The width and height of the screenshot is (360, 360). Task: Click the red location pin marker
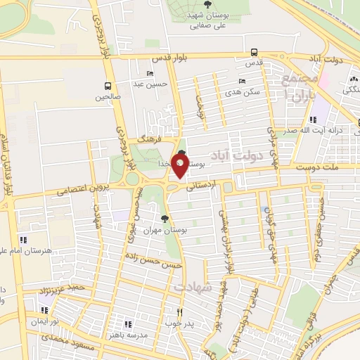coord(179,166)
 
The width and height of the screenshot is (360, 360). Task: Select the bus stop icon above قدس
coord(254,52)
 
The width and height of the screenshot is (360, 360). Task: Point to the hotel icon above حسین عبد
coord(149,74)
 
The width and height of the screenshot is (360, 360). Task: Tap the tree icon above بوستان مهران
coord(165,219)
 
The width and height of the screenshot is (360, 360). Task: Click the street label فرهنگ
coord(150,140)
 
